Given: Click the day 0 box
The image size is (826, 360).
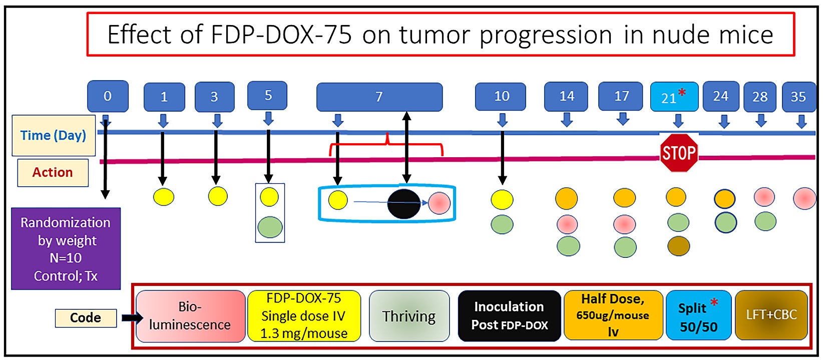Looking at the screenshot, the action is click(108, 96).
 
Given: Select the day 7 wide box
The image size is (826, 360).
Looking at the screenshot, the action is click(379, 97).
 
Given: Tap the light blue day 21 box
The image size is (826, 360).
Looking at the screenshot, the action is click(674, 97).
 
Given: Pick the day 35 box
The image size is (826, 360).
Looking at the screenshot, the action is click(798, 97).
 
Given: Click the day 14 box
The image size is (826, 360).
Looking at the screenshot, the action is click(566, 96).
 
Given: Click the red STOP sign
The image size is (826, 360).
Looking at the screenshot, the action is click(678, 153).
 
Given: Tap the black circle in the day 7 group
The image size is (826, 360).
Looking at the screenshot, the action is click(404, 204).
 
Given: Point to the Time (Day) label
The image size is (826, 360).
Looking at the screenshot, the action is click(54, 135).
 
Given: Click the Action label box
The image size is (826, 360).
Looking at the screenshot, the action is click(53, 173).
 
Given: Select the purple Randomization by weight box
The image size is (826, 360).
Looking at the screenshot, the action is click(66, 249).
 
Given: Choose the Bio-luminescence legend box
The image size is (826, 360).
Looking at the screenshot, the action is click(190, 316).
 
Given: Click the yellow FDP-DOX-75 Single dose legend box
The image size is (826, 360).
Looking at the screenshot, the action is click(304, 316).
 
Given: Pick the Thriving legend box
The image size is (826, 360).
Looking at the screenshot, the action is click(409, 316).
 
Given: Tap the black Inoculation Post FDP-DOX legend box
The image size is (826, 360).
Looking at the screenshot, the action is click(509, 316).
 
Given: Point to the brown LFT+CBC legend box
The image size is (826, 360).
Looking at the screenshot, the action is click(771, 315).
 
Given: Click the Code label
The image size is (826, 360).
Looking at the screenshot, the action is click(86, 318).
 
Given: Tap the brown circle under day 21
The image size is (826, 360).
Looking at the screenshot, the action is click(678, 246).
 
